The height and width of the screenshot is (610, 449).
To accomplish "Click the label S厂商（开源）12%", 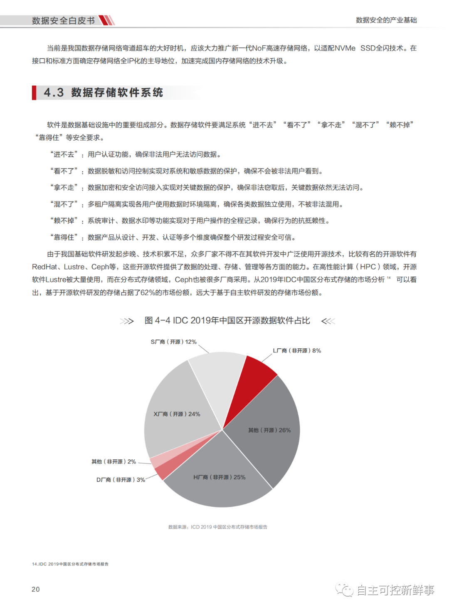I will pyautogui.click(x=173, y=342).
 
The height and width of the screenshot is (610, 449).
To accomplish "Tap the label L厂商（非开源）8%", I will pyautogui.click(x=297, y=351).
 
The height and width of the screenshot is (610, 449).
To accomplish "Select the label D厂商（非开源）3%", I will pyautogui.click(x=121, y=480).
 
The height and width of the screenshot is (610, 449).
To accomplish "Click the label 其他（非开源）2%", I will pyautogui.click(x=113, y=462).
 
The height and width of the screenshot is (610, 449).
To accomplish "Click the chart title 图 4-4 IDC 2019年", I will pyautogui.click(x=227, y=321).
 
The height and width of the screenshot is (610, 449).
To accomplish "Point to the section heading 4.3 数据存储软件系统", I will pyautogui.click(x=104, y=92).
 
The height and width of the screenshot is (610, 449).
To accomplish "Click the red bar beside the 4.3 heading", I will pyautogui.click(x=34, y=92).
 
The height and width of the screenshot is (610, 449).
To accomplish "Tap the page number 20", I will pyautogui.click(x=36, y=589).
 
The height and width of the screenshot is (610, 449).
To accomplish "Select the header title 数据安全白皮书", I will pyautogui.click(x=63, y=20).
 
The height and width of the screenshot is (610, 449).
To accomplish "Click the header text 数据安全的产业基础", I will pyautogui.click(x=386, y=20).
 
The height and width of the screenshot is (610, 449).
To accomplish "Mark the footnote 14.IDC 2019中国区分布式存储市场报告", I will pyautogui.click(x=70, y=564).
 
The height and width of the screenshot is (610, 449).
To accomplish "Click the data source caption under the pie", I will pyautogui.click(x=217, y=527).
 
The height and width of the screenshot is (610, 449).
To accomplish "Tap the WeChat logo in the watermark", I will pyautogui.click(x=345, y=590).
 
